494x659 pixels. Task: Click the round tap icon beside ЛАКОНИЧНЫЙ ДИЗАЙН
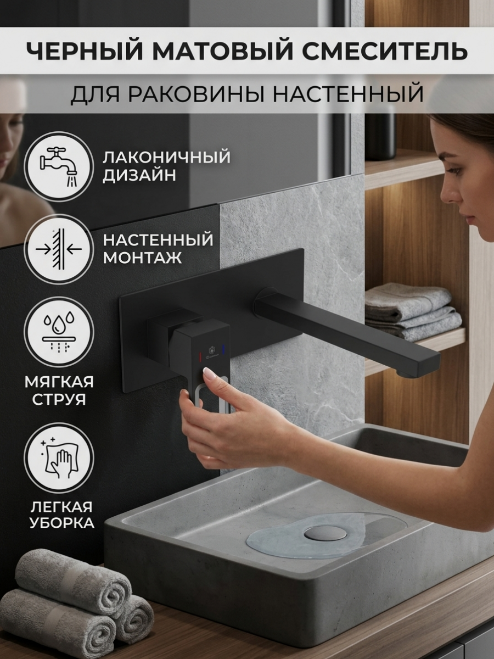click(x=59, y=166)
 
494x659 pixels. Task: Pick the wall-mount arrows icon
click(x=59, y=248)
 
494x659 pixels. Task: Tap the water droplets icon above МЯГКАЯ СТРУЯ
click(x=59, y=331)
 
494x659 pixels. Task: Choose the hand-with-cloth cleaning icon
click(x=59, y=457)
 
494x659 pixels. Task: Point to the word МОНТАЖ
click(x=142, y=258)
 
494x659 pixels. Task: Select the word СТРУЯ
click(x=58, y=399)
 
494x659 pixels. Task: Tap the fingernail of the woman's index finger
click(x=209, y=374)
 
